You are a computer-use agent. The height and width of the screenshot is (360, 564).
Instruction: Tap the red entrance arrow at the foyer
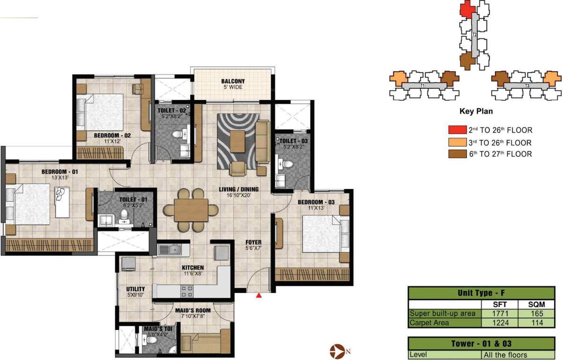[259, 296]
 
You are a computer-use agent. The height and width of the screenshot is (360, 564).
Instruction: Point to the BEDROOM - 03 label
[317, 202]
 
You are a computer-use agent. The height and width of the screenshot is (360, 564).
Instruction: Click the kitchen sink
[172, 249]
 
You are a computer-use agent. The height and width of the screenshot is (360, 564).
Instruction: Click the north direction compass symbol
[336, 350]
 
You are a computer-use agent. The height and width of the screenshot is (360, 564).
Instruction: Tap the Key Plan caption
[476, 112]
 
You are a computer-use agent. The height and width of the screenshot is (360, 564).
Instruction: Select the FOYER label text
[253, 243]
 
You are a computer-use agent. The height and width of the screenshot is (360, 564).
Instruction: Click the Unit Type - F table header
[482, 293]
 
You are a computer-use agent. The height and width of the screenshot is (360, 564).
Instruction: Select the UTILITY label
[135, 289]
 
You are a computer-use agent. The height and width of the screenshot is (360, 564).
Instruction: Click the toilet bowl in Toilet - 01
[125, 216]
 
